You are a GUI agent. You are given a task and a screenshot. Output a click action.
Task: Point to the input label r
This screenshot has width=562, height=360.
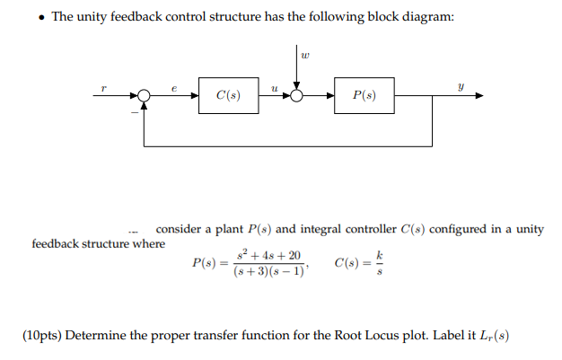[x=106, y=87]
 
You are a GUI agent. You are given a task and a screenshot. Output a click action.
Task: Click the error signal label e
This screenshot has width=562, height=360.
[x=174, y=87]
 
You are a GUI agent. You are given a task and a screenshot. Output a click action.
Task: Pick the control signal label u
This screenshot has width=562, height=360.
[x=273, y=87]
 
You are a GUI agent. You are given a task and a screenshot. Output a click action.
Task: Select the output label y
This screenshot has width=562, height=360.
[x=461, y=87]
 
